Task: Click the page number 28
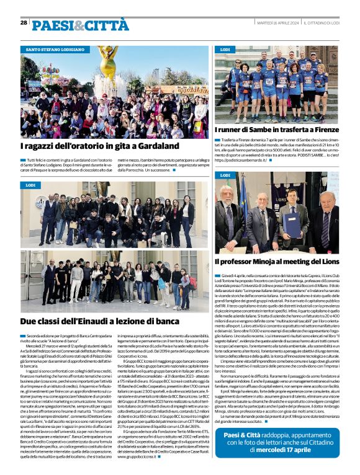24,22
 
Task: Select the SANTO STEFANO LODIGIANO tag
54,49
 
